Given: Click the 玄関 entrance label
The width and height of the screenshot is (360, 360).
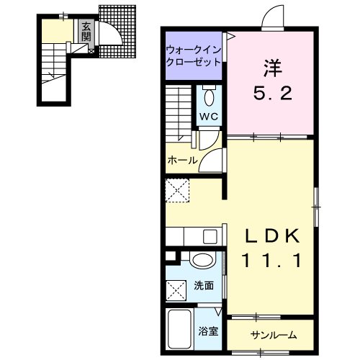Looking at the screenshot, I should pos(86,32).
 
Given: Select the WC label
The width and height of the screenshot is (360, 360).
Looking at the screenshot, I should pos(210,116).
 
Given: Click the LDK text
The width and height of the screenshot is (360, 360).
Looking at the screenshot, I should pos(270,238).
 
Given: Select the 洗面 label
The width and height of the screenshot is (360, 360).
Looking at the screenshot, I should pos(204,285).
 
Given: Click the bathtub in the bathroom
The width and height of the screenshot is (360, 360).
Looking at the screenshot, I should pos(179,329).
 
